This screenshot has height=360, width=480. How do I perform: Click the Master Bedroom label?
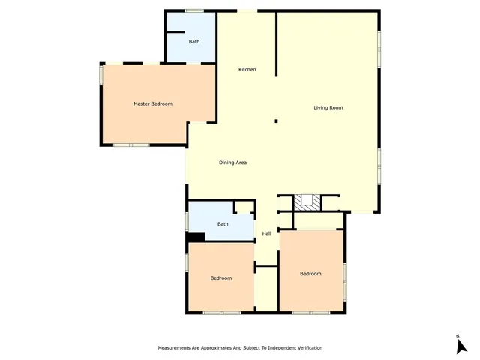click(153, 103)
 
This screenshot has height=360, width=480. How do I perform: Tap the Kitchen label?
click(247, 70)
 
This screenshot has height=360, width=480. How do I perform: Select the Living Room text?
click(328, 108)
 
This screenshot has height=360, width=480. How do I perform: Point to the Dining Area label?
click(233, 163)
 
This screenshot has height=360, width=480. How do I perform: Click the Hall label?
click(266, 234)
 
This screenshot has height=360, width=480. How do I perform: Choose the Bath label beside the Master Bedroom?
click(194, 42)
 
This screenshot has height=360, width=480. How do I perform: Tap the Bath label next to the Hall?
click(223, 224)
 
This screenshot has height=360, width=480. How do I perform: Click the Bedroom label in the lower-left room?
click(220, 278)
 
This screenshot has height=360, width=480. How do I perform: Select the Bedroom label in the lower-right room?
click(310, 274)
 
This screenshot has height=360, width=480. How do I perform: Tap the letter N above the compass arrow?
click(457, 335)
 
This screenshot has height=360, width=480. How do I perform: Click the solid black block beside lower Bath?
click(195, 238)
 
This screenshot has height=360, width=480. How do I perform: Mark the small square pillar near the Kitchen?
click(276, 121)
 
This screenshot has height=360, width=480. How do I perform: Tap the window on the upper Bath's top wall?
click(194, 10)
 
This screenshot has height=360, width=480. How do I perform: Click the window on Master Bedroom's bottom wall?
click(132, 145)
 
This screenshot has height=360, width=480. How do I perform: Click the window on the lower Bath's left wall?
click(186, 221)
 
